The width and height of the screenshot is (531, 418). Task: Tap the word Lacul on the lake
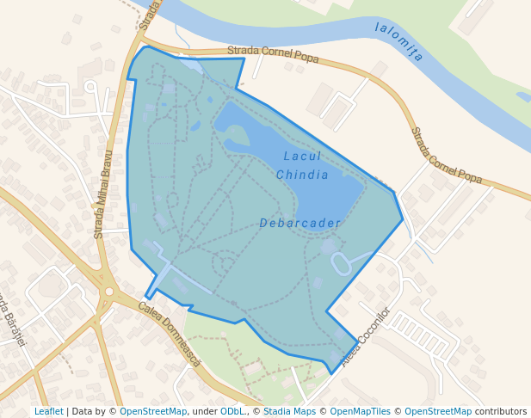pyautogui.click(x=302, y=157)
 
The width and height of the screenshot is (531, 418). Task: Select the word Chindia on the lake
pyautogui.click(x=302, y=175)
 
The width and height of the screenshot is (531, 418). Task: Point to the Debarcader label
pyautogui.click(x=299, y=224)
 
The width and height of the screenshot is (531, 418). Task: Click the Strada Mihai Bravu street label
pyautogui.click(x=103, y=194)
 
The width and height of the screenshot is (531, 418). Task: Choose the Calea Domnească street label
pyautogui.click(x=169, y=334)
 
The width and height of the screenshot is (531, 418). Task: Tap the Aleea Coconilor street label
pyautogui.click(x=366, y=337)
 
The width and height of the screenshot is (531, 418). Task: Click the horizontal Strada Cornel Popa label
pyautogui.click(x=273, y=54)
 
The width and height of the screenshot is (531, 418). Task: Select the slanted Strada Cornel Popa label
pyautogui.click(x=445, y=156)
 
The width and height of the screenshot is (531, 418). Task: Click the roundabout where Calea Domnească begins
pyautogui.click(x=108, y=292)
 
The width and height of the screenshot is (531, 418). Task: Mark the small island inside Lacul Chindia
pyautogui.click(x=236, y=135)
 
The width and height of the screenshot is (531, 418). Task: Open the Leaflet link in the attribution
pyautogui.click(x=48, y=411)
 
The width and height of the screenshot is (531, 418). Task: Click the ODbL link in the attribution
pyautogui.click(x=232, y=411)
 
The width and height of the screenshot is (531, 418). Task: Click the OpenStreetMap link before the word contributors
pyautogui.click(x=437, y=411)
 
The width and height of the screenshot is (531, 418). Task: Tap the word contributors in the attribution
pyautogui.click(x=500, y=411)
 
